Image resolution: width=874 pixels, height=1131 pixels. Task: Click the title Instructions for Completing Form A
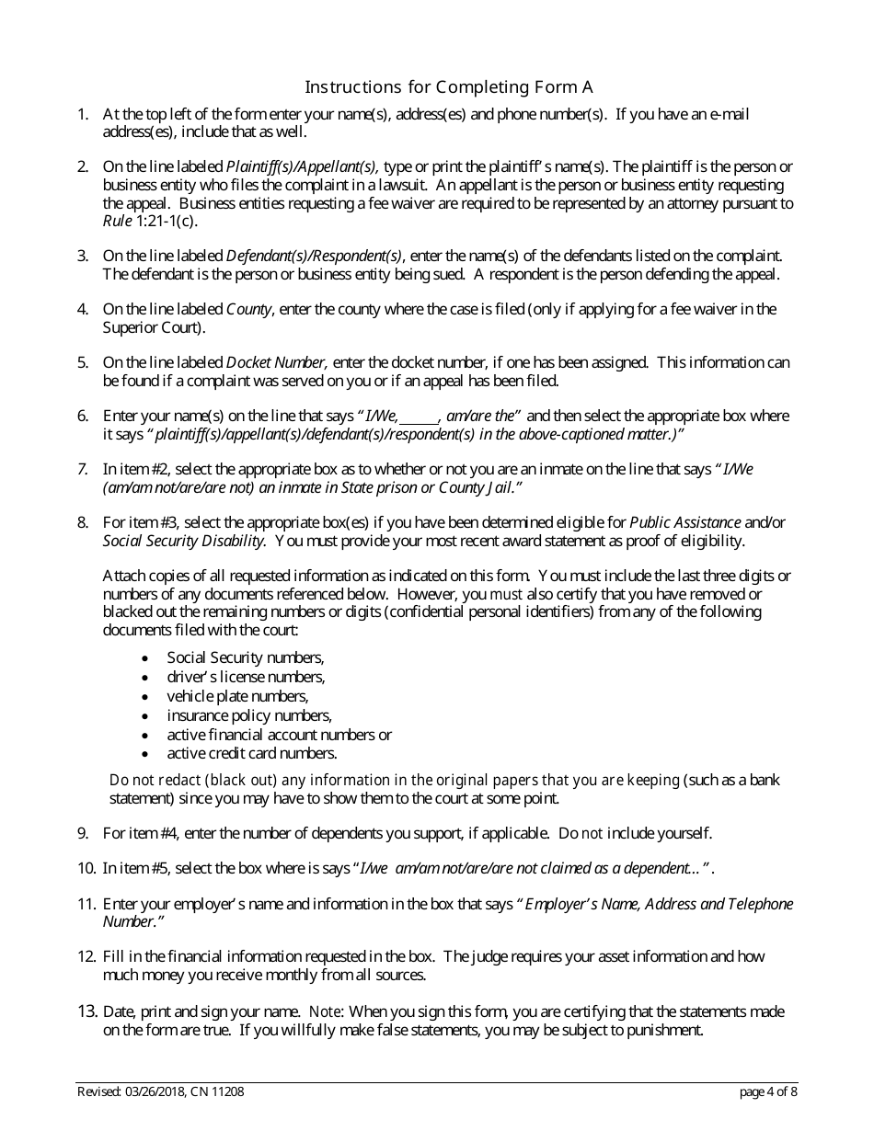[449, 87]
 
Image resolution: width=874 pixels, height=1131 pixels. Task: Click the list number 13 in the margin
[87, 1011]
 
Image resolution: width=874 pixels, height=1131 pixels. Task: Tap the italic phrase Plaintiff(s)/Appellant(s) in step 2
[303, 167]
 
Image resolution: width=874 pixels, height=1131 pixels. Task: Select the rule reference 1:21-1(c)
[167, 221]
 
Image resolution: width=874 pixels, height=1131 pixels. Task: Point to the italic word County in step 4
[248, 309]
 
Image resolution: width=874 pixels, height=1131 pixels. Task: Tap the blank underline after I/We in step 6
[420, 417]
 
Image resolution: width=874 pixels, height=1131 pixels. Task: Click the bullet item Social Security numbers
[246, 657]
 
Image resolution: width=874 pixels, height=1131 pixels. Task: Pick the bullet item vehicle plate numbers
[237, 696]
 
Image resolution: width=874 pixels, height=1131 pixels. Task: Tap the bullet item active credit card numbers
[252, 753]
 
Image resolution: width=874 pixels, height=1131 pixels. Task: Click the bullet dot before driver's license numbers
[147, 678]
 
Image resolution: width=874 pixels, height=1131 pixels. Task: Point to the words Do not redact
[154, 780]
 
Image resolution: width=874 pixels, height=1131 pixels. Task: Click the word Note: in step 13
[327, 1011]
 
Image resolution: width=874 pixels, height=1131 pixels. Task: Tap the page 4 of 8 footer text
[768, 1092]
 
